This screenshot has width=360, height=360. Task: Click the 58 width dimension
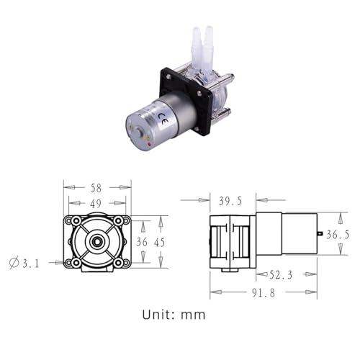click(97, 186)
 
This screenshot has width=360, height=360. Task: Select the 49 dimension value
click(97, 204)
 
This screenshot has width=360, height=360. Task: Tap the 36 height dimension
click(141, 243)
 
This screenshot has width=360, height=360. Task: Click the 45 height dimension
click(159, 243)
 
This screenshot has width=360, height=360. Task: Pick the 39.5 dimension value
click(232, 199)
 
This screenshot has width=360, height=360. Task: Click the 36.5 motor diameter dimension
click(338, 234)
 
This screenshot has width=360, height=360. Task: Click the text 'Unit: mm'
click(174, 315)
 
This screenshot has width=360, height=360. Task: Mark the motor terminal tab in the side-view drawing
click(319, 233)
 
